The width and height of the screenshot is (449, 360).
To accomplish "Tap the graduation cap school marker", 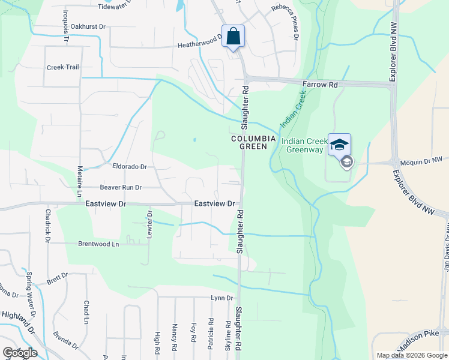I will (x=339, y=145).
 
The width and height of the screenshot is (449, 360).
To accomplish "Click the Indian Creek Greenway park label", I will (x=304, y=146).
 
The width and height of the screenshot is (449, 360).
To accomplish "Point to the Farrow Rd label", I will (x=320, y=85).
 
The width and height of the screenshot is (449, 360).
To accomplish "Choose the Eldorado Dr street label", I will (x=130, y=166).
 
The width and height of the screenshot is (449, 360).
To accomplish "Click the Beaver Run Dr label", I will (x=120, y=188).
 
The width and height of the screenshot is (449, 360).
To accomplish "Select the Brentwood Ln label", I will (x=98, y=244).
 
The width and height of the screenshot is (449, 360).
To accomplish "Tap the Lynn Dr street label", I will (x=221, y=298).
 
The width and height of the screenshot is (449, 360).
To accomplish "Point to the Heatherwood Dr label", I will (x=200, y=45).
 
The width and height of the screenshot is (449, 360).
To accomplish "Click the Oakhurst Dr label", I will (x=88, y=26).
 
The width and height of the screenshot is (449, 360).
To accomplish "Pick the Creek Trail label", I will (x=63, y=67).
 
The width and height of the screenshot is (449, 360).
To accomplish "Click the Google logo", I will (x=20, y=352).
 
